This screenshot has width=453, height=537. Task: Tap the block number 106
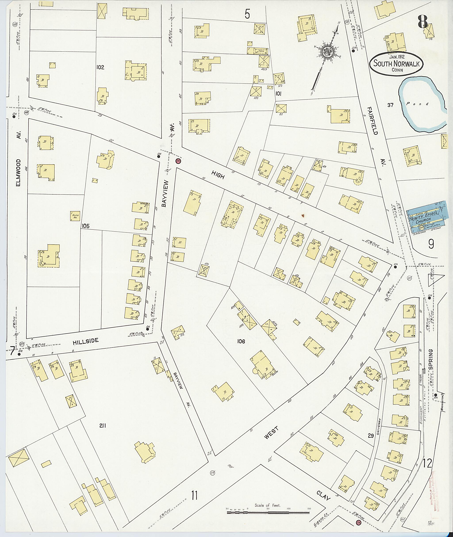coord(241,341)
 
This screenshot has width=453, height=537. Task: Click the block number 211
coord(103,426)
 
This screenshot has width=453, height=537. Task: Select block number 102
coord(100,67)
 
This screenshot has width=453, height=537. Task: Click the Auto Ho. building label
coord(75,216)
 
